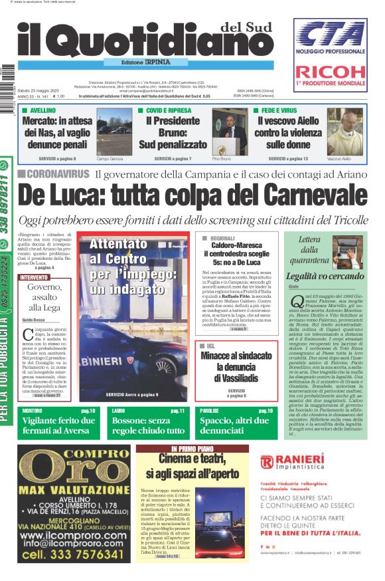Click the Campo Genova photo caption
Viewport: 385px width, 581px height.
pyautogui.click(x=110, y=160)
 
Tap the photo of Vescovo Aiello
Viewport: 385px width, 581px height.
pyautogui.click(x=346, y=131)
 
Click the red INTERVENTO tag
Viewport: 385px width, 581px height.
pyautogui.click(x=34, y=277)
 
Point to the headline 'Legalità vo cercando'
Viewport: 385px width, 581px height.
pyautogui.click(x=324, y=275)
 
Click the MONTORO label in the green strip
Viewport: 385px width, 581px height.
pyautogui.click(x=33, y=411)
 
